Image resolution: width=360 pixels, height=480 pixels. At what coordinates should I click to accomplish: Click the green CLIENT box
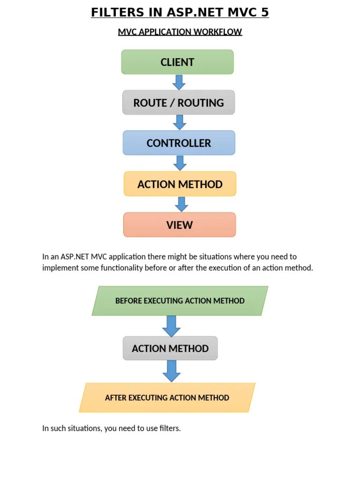(177, 62)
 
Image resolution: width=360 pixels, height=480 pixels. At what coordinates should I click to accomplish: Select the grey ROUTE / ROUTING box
(179, 103)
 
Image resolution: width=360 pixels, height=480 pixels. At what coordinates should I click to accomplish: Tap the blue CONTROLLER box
(179, 143)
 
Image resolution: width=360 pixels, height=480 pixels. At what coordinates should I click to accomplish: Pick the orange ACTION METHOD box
(180, 184)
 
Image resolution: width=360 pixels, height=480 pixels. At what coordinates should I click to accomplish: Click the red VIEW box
(180, 225)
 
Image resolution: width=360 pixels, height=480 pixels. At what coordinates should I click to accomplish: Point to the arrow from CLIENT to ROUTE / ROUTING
(179, 82)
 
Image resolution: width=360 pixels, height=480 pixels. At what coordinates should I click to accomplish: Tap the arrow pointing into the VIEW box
(181, 204)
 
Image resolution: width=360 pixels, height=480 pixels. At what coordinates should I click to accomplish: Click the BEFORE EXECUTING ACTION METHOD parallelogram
(180, 300)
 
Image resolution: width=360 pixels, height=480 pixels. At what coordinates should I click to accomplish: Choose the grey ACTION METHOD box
(170, 348)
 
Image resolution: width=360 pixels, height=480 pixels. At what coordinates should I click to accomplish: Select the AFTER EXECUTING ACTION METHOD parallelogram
(167, 397)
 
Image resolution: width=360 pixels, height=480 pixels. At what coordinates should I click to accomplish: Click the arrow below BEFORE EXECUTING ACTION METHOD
(172, 325)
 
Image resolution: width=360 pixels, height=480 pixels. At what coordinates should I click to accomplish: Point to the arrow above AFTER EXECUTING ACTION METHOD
(172, 371)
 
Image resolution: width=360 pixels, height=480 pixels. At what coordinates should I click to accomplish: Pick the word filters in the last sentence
(169, 428)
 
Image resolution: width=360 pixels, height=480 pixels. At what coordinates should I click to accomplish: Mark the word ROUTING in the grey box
(201, 103)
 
